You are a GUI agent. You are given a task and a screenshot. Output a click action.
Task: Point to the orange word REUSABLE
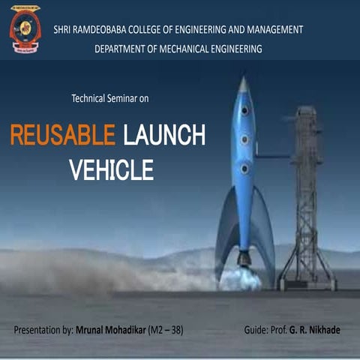pos(62,136)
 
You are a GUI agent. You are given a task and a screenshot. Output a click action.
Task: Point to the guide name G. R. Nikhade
pos(316,330)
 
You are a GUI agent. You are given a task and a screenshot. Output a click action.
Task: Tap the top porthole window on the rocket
pos(244,111)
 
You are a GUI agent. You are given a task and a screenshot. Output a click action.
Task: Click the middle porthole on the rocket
pos(244,139)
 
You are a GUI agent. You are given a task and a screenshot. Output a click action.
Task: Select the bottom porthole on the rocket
pos(244,169)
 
